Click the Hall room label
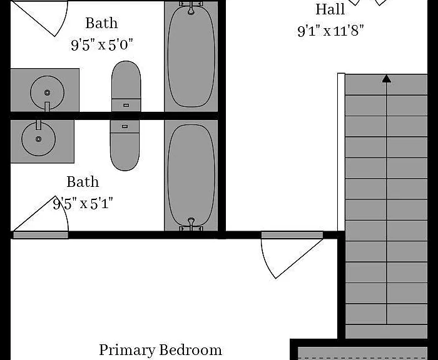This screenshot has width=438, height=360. (330, 9)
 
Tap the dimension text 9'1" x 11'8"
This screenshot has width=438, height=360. (331, 31)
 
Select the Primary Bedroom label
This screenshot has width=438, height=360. (161, 350)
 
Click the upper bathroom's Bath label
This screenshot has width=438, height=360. (101, 23)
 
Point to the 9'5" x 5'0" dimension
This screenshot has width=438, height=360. (102, 44)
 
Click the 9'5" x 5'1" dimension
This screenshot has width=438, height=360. (83, 204)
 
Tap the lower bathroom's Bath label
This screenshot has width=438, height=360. (83, 182)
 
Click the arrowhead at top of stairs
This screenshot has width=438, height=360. (387, 79)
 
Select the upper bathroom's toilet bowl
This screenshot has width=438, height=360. (126, 80)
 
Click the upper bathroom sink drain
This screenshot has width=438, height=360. (47, 92)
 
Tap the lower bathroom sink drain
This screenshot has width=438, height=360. (39, 139)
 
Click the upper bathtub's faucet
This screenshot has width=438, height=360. (191, 8)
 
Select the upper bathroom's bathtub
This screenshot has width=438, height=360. (191, 56)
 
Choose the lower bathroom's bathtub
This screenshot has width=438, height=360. (191, 175)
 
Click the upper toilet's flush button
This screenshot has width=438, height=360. (126, 105)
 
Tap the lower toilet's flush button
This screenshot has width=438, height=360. (125, 126)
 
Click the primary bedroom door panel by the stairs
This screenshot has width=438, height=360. (292, 235)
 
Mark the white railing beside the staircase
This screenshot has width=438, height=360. (341, 152)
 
